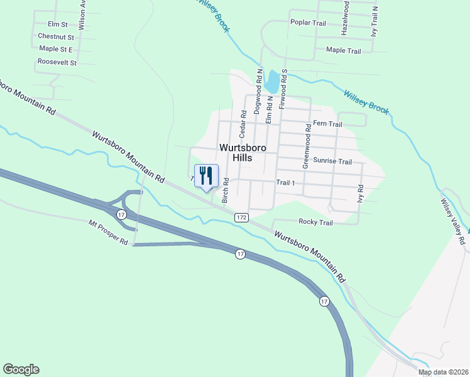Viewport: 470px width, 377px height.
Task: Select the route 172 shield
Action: pyautogui.click(x=242, y=217)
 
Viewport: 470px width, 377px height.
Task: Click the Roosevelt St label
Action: pyautogui.click(x=57, y=62)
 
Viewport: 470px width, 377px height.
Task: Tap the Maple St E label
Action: pyautogui.click(x=55, y=49)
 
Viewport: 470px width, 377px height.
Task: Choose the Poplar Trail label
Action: pyautogui.click(x=308, y=23)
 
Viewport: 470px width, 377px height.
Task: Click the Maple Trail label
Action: pyautogui.click(x=343, y=51)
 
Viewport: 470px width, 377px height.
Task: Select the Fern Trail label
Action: pyautogui.click(x=327, y=124)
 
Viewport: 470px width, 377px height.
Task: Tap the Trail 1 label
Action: pyautogui.click(x=285, y=182)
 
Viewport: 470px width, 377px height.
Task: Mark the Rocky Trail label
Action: pyautogui.click(x=315, y=222)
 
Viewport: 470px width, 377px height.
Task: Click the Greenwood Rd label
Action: pyautogui.click(x=307, y=146)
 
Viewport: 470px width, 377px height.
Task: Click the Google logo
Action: pyautogui.click(x=21, y=369)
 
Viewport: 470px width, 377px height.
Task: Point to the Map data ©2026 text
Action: pyautogui.click(x=443, y=373)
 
